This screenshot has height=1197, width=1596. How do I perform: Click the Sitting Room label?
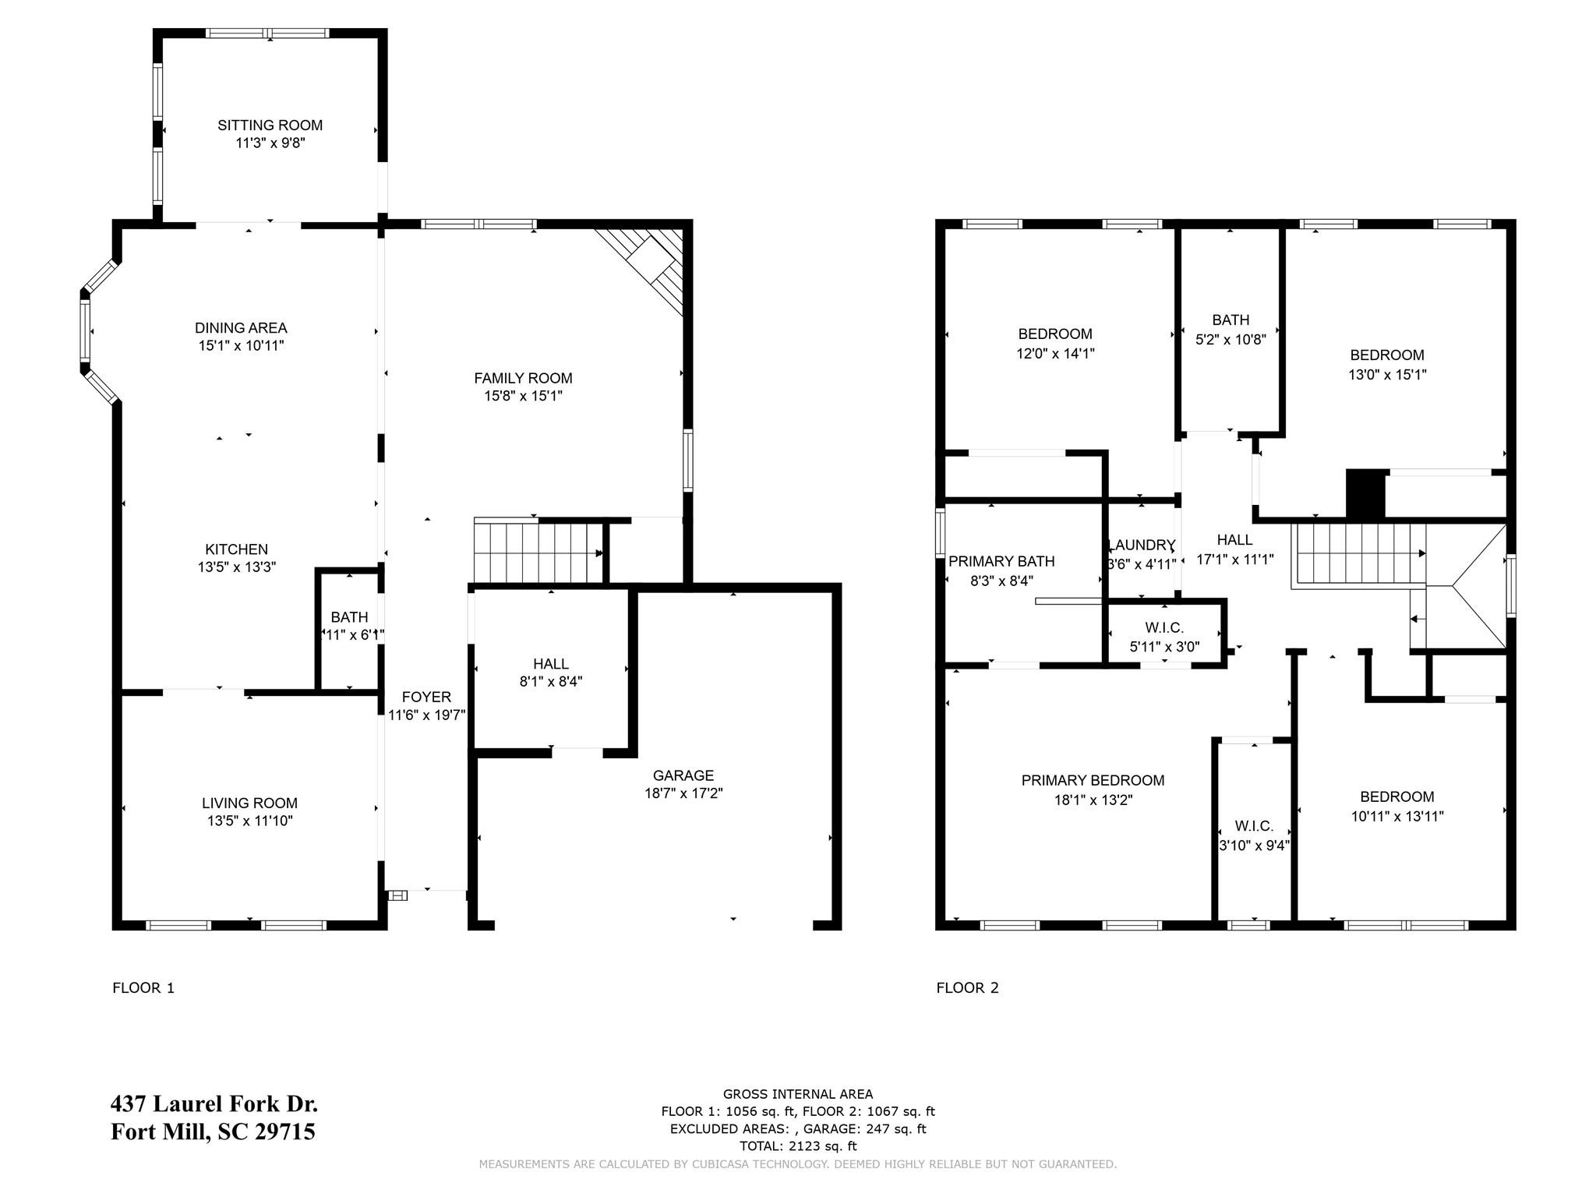pyautogui.click(x=270, y=125)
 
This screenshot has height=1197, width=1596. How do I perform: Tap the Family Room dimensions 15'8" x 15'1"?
pyautogui.click(x=523, y=396)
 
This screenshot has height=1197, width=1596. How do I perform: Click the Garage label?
pyautogui.click(x=683, y=775)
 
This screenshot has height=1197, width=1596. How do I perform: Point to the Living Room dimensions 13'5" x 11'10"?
pyautogui.click(x=249, y=821)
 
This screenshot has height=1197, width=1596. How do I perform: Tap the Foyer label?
pyautogui.click(x=426, y=697)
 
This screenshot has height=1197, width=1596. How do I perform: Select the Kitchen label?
pyautogui.click(x=236, y=549)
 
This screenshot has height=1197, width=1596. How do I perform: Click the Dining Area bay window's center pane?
pyautogui.click(x=85, y=331)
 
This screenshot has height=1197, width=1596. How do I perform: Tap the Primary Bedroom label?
pyautogui.click(x=1093, y=780)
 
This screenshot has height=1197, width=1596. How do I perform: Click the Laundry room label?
pyautogui.click(x=1142, y=545)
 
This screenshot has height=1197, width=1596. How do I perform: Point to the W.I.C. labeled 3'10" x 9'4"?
pyautogui.click(x=1254, y=826)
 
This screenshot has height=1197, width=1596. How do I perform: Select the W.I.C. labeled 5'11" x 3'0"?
pyautogui.click(x=1164, y=627)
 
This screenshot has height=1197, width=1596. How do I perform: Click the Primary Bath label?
pyautogui.click(x=1001, y=561)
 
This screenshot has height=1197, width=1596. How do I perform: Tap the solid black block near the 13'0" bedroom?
pyautogui.click(x=1365, y=494)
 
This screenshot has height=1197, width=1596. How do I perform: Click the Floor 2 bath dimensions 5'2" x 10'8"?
pyautogui.click(x=1231, y=339)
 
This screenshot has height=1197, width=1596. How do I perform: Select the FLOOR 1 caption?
pyautogui.click(x=143, y=988)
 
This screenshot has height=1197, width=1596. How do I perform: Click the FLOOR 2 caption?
pyautogui.click(x=967, y=988)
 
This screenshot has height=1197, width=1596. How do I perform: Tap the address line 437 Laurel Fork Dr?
pyautogui.click(x=214, y=1104)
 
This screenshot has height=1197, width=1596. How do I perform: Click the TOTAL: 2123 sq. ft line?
pyautogui.click(x=797, y=1146)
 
